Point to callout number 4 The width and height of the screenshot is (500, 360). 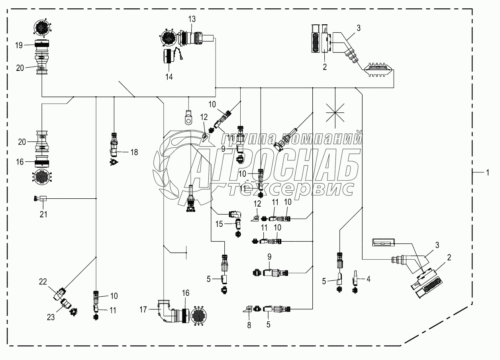369,280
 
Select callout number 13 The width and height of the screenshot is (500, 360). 192,19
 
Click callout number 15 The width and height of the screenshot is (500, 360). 220,225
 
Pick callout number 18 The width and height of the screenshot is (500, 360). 134,152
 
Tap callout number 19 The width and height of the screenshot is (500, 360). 19,45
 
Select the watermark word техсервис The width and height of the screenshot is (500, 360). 291,189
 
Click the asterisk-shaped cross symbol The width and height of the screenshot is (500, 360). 335,113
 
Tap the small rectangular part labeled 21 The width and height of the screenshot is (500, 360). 43,198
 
